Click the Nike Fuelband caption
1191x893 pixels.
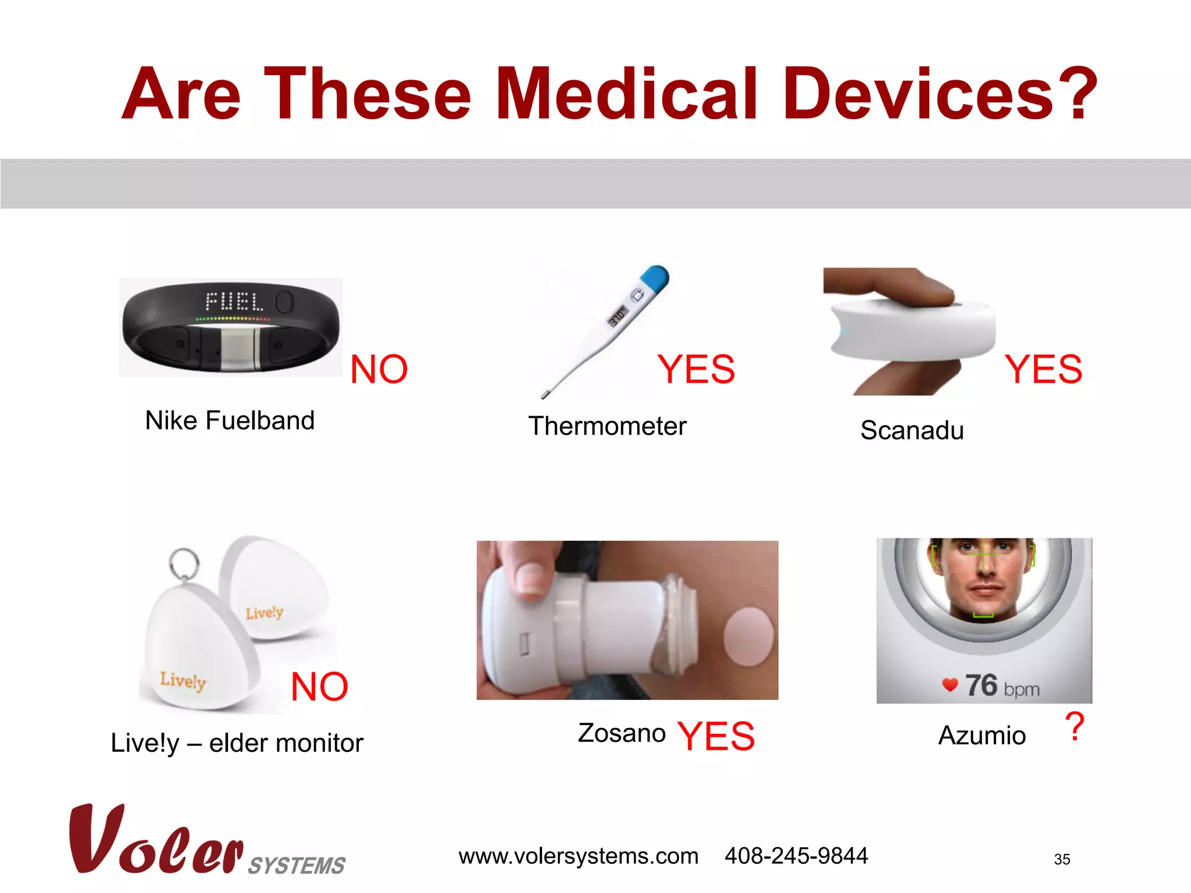tap(230, 420)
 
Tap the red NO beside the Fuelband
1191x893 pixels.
tap(379, 369)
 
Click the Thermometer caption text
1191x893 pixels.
tap(607, 426)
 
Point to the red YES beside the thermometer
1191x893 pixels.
tap(696, 369)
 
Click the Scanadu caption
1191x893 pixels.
tap(912, 431)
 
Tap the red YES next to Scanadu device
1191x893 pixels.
tap(1043, 369)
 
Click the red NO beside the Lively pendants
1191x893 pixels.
tap(319, 687)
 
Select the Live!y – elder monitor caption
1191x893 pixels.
tap(237, 743)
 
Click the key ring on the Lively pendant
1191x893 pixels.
tap(184, 562)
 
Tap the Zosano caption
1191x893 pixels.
tap(622, 733)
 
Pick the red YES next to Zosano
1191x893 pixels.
tap(716, 736)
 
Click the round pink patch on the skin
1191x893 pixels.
tap(749, 637)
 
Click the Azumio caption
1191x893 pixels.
tap(982, 735)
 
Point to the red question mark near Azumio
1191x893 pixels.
tap(1075, 727)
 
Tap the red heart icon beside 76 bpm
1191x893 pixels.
tap(950, 685)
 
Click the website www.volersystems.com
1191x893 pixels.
tap(578, 856)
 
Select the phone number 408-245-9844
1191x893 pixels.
tap(796, 856)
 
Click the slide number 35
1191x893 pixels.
tap(1062, 859)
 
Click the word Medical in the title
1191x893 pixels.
tap(627, 94)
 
